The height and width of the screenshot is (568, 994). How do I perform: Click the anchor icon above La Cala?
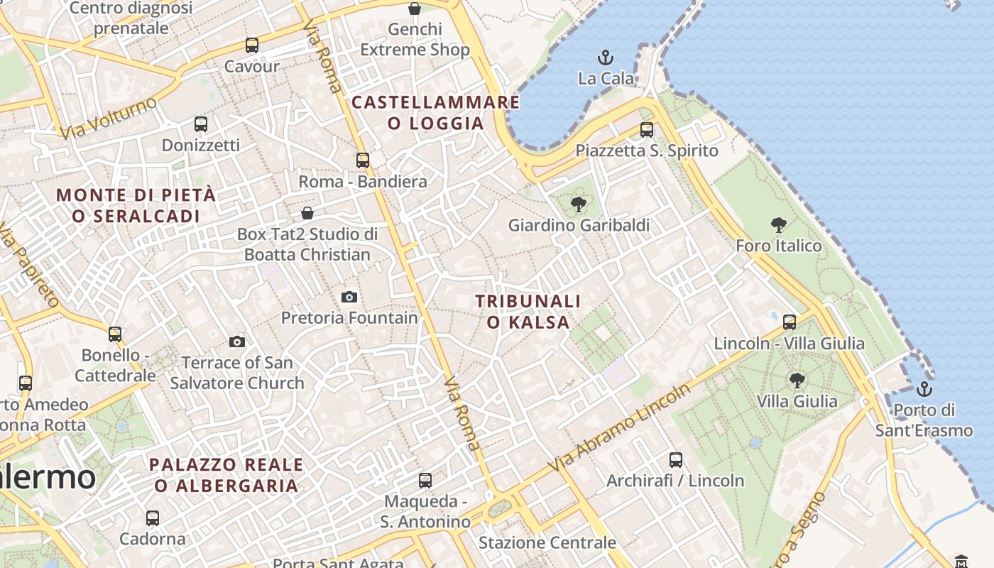point(606,58)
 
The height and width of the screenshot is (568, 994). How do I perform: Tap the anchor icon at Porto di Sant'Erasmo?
point(924,389)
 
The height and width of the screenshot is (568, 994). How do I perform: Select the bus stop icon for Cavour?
point(252,45)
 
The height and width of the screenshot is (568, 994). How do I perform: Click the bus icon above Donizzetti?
point(201,124)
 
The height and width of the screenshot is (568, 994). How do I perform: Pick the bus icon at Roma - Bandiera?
point(363,160)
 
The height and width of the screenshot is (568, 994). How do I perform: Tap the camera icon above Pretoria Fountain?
point(349,297)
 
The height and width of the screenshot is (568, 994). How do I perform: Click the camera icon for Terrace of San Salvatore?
point(237,342)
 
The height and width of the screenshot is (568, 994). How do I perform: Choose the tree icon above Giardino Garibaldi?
point(579,204)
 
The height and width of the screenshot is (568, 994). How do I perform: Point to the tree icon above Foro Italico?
point(779,225)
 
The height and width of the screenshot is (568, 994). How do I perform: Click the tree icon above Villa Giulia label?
point(797,381)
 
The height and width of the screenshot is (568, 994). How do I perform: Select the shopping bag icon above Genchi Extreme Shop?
point(415,9)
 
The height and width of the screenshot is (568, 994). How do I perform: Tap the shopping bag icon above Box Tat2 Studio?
point(307,213)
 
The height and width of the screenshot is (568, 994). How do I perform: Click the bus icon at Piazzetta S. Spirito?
point(647,130)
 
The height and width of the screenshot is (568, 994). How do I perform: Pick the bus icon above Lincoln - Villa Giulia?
point(789,322)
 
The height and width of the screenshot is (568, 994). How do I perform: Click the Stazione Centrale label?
point(547,543)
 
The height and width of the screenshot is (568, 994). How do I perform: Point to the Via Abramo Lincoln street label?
point(621,430)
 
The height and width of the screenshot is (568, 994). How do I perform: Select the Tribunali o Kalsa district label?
point(528,312)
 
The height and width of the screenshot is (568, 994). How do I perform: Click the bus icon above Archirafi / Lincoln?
point(675,460)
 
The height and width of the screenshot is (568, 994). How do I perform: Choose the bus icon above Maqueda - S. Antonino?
point(425,481)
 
